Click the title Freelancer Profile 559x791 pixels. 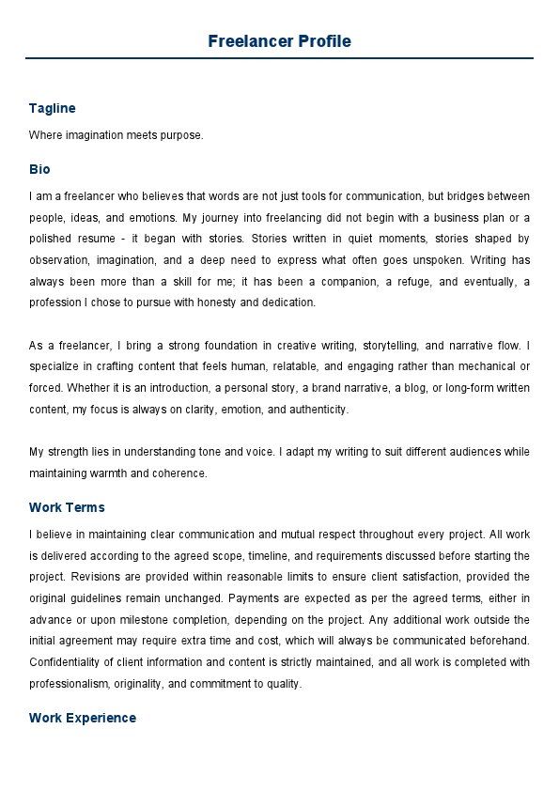click(x=279, y=41)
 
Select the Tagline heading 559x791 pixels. click(x=52, y=108)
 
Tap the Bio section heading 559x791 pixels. click(x=39, y=169)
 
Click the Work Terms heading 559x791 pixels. click(x=67, y=507)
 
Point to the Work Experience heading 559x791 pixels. click(x=83, y=718)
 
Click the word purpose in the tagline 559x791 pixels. click(x=182, y=135)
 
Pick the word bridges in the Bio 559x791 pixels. click(x=473, y=196)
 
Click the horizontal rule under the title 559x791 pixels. click(x=279, y=58)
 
